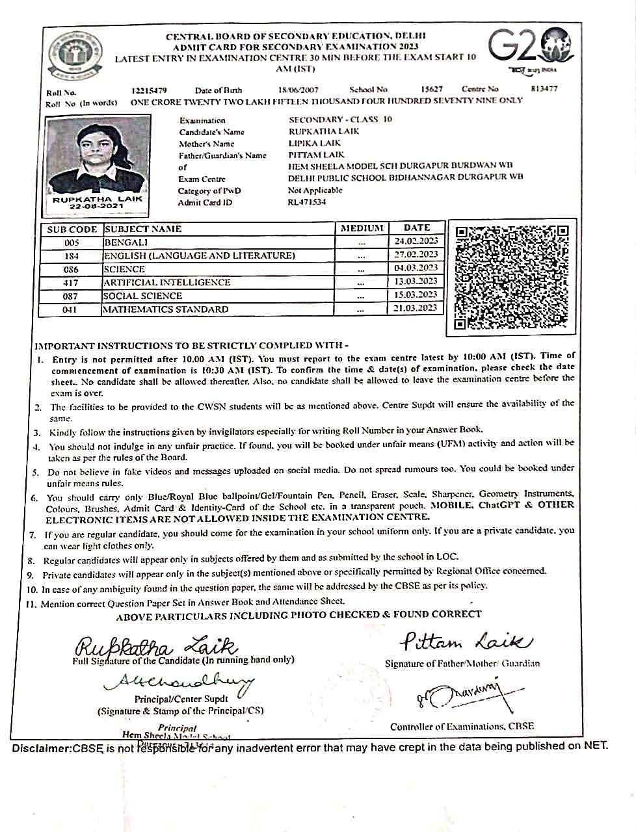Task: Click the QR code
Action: [512, 278]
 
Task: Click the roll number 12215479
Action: [149, 90]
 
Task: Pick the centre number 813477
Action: [544, 88]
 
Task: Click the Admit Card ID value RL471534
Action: [307, 202]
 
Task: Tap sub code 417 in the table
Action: [71, 283]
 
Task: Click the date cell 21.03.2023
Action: [416, 308]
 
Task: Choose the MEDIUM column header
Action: [362, 228]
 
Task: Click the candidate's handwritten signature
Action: [156, 647]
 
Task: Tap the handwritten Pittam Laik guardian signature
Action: [466, 642]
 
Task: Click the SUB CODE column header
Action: [72, 229]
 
